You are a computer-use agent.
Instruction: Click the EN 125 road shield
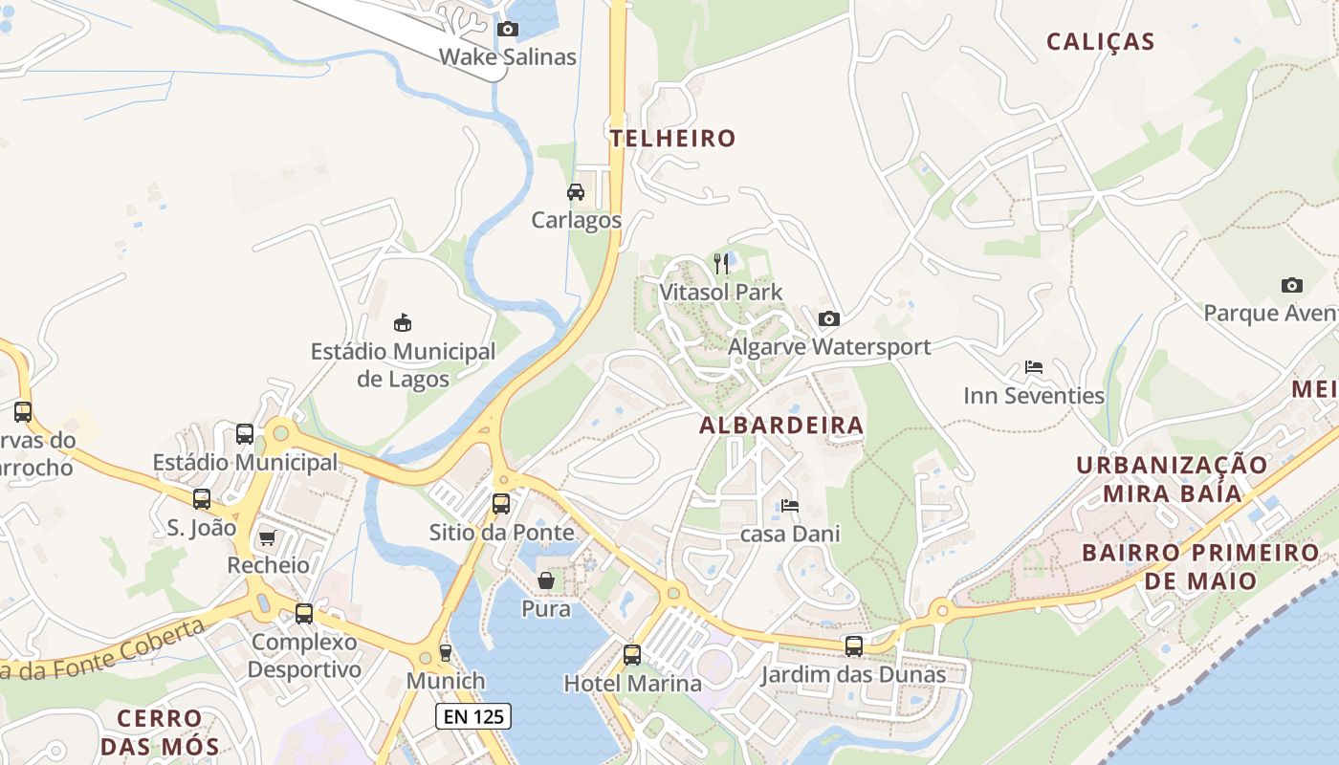pos(473,716)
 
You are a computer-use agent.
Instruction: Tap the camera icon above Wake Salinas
pos(508,30)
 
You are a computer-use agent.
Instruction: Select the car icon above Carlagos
pos(576,192)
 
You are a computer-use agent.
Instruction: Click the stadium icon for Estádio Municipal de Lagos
pos(403,322)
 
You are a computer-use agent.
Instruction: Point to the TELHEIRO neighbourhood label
pos(673,139)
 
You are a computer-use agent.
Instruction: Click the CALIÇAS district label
pos(1100,42)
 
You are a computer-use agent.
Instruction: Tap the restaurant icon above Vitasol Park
pos(721,263)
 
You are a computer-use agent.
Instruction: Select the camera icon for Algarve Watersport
pos(829,318)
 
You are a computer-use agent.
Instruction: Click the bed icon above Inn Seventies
pos(1033,367)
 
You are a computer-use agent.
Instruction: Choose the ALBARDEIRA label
pos(781,426)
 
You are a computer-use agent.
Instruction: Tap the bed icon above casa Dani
pos(790,505)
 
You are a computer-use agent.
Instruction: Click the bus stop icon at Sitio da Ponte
pos(501,504)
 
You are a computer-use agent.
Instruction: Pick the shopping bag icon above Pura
pos(545,580)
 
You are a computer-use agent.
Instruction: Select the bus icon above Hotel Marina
pos(632,655)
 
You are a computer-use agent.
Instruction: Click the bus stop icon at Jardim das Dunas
pos(853,646)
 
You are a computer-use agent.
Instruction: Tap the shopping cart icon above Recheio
pos(268,537)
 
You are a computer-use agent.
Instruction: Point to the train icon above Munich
pos(445,653)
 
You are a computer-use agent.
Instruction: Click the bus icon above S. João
pos(202,499)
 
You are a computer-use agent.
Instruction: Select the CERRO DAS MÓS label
pos(161,732)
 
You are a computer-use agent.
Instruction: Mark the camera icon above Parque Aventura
pos(1291,285)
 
